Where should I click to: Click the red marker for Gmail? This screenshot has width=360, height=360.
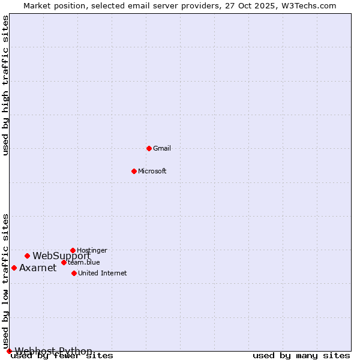click(149, 148)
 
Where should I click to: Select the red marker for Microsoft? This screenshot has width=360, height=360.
click(134, 171)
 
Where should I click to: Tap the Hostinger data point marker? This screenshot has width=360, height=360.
click(73, 250)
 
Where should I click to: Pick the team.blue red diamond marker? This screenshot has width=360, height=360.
click(64, 262)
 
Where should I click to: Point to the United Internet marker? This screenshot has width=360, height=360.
click(74, 273)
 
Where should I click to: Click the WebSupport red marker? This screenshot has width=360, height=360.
click(27, 256)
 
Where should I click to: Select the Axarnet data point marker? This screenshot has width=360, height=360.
click(14, 268)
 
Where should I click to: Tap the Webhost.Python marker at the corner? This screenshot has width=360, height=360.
click(9, 351)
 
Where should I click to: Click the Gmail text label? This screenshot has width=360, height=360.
click(162, 148)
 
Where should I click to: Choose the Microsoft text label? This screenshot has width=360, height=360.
click(152, 171)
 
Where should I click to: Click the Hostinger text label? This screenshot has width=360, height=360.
click(92, 250)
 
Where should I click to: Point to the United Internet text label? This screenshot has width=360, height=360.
click(102, 273)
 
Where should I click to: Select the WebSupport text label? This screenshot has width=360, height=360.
click(61, 256)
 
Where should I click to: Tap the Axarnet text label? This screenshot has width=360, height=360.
click(38, 268)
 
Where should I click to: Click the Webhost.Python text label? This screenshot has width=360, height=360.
click(53, 351)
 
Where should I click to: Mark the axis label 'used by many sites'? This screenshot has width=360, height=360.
click(301, 356)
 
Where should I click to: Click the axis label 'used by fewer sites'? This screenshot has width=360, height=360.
click(62, 356)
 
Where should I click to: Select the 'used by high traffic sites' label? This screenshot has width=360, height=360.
click(6, 85)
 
